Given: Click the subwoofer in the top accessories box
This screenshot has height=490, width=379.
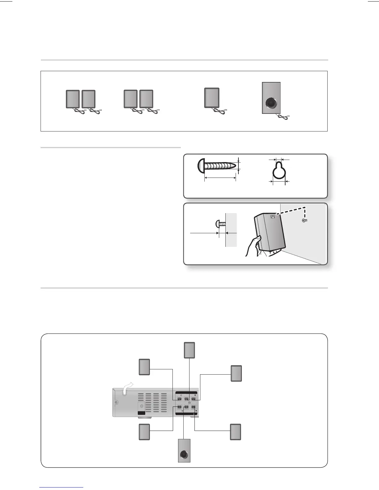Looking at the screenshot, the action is [x=271, y=98].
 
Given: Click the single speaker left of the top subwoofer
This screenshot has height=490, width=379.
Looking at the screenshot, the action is [x=212, y=98].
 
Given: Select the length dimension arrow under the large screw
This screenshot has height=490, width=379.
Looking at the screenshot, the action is [x=220, y=178].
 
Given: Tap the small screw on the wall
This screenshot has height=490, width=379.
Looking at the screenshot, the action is [x=305, y=220].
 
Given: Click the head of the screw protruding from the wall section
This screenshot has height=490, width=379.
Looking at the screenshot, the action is [x=217, y=223].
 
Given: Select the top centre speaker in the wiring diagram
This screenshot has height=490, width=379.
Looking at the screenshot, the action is [x=189, y=350].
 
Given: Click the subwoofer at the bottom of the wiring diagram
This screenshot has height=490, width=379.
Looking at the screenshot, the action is [x=184, y=451].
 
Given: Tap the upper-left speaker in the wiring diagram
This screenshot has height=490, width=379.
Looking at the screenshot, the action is [x=144, y=367].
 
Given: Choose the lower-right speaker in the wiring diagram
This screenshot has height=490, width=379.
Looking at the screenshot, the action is [x=235, y=432].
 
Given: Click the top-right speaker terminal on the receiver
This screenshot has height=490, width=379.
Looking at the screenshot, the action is [x=194, y=399].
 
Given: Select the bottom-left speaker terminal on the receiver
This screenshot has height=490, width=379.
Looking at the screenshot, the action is [x=179, y=407].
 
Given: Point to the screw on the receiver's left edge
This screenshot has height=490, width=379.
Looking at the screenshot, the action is [x=116, y=402].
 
